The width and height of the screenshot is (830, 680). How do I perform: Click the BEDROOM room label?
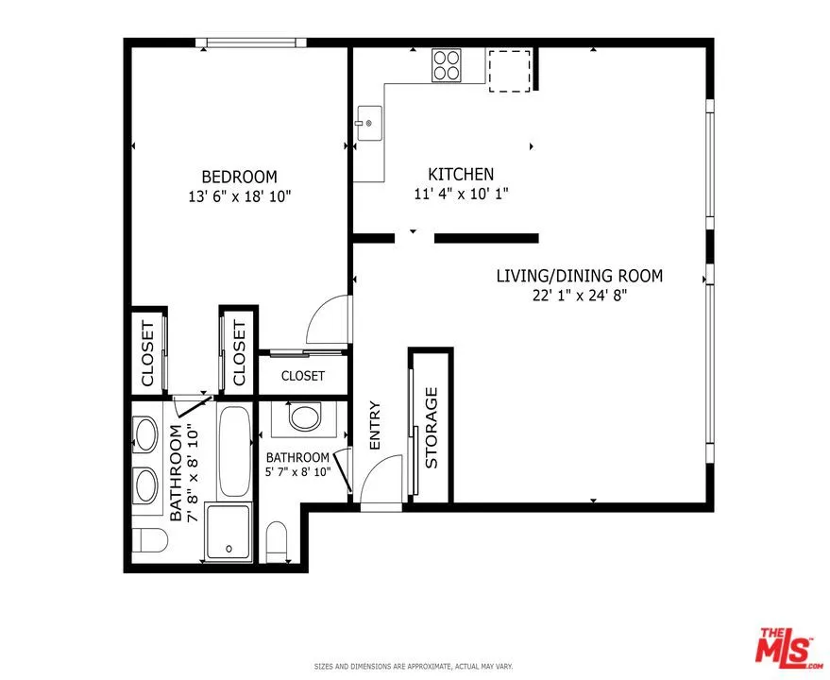point(239,177)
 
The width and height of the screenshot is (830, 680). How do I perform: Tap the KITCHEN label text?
point(461,174)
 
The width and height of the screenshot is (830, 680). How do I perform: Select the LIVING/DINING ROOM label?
point(579,276)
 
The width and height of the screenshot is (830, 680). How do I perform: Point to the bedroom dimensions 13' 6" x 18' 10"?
point(240,197)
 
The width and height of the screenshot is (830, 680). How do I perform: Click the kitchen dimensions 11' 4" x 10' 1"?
point(461,194)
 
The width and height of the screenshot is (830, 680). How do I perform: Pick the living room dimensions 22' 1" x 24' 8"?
point(580,296)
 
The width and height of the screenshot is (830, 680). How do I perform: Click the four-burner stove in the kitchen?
point(447,65)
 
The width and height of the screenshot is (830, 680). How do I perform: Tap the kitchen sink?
point(369,123)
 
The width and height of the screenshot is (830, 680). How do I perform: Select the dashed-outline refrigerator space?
point(509,71)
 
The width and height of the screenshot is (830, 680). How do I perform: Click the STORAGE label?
point(432,428)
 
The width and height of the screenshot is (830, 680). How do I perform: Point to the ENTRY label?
point(375,425)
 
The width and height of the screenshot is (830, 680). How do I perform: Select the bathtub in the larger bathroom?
point(234,451)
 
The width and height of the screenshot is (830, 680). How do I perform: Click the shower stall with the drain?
point(229,532)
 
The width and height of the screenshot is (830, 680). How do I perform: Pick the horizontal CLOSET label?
point(303,376)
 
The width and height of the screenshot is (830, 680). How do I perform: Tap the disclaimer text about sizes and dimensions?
point(414,667)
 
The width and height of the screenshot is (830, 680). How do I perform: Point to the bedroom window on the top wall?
point(251,42)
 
